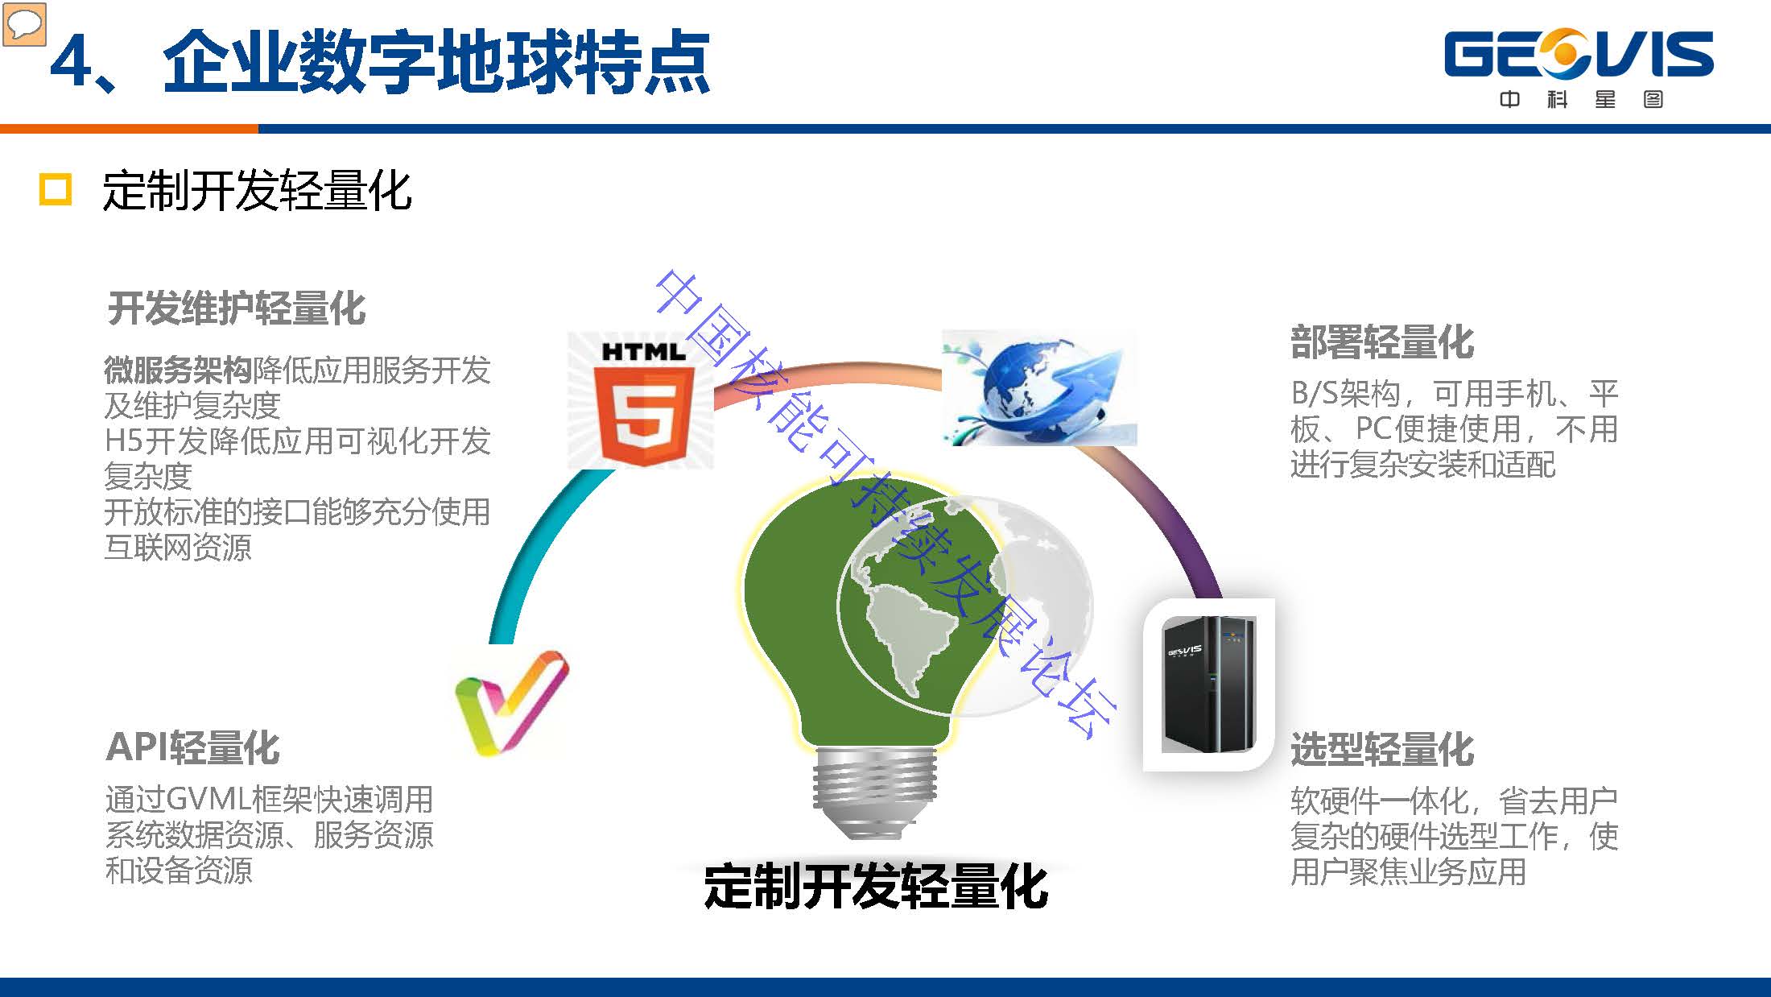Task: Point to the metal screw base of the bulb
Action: pos(874,790)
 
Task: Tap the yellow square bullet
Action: pos(56,190)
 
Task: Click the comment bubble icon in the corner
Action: pos(24,23)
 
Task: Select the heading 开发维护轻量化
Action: pos(237,308)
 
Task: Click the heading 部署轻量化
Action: pos(1382,342)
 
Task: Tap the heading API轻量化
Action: pos(192,747)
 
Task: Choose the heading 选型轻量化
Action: pos(1382,750)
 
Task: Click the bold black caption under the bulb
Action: pos(876,886)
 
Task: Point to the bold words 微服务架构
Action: pos(178,370)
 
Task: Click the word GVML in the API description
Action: pos(210,800)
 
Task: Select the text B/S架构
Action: pos(1346,394)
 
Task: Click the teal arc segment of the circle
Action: pos(527,548)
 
